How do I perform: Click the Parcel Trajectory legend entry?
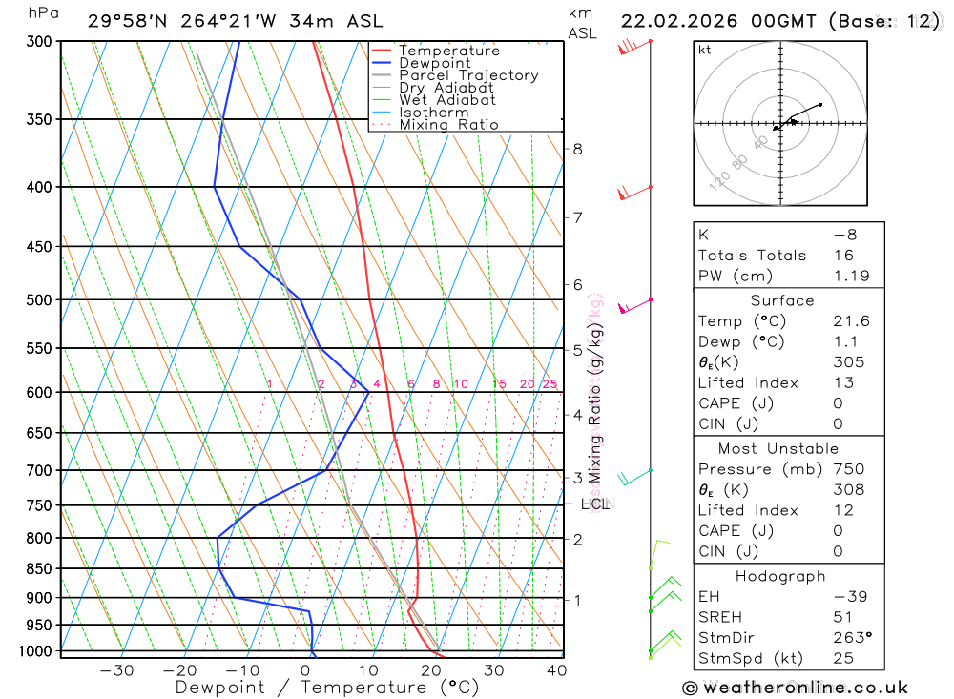[x=468, y=75]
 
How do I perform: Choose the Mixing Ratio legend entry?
[x=448, y=125]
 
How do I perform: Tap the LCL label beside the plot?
[x=595, y=504]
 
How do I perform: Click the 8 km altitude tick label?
[x=577, y=149]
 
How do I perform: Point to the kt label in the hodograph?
[x=705, y=50]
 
